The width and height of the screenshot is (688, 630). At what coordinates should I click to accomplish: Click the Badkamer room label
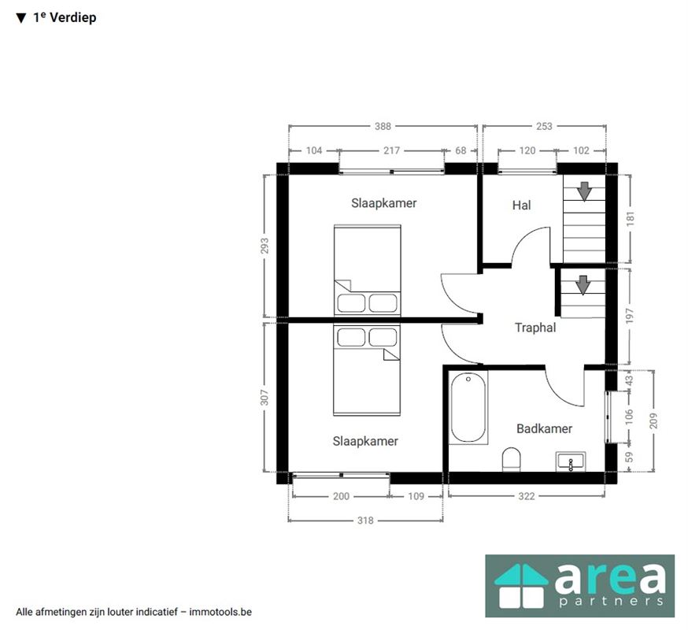pos(544,428)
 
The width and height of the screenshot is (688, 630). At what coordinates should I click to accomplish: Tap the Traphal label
pos(534,328)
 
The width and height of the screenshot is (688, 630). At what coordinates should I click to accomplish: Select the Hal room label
pos(521,205)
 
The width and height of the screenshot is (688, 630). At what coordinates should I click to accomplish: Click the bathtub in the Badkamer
pos(468,407)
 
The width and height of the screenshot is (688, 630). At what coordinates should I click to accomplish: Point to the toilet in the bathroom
pos(511,460)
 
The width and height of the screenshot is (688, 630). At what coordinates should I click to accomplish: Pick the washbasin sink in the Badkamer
pos(571,461)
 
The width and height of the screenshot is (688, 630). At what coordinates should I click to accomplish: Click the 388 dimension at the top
pos(383,127)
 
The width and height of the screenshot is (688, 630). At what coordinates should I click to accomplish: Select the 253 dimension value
pos(544,127)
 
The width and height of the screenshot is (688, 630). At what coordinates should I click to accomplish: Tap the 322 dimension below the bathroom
pos(526,496)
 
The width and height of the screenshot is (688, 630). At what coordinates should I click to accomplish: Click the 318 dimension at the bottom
pos(365,521)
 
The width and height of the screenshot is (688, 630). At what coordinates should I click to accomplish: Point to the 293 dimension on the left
pos(264,246)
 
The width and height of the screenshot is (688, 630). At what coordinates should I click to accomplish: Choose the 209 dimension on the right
pos(654,421)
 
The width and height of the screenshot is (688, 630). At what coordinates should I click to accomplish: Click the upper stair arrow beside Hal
pos(584,191)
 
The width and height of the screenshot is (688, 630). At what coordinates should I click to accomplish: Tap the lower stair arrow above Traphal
pos(583,285)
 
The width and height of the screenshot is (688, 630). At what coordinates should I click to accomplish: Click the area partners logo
pos(579,586)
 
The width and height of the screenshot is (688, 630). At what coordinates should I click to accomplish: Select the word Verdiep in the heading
pos(73,17)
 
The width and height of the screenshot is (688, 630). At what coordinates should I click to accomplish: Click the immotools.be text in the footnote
pos(220,612)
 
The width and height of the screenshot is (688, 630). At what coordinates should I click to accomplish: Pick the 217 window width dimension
pos(391,150)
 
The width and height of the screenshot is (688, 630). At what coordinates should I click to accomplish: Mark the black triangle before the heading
pos(21,18)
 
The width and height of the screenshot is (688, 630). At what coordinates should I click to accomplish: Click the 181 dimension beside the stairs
pos(630,219)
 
